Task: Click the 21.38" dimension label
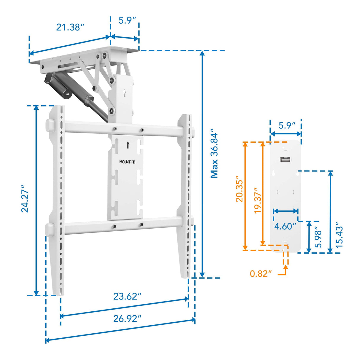tap(70, 27)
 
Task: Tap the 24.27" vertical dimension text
tap(25, 199)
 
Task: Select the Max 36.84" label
tap(214, 153)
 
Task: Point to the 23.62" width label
tap(127, 296)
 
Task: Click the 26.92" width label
tap(127, 318)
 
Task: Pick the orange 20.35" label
tap(240, 191)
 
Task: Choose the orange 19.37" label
tap(258, 200)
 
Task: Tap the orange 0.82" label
tap(261, 273)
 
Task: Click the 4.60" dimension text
tap(285, 226)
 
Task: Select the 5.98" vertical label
tap(318, 237)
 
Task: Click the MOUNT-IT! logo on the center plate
tap(127, 162)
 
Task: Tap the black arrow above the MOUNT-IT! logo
tap(128, 145)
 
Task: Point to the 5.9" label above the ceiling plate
tap(127, 20)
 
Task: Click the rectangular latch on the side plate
tap(285, 160)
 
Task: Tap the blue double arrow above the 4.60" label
tap(285, 211)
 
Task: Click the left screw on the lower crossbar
tap(114, 226)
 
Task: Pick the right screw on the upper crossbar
tap(142, 130)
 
